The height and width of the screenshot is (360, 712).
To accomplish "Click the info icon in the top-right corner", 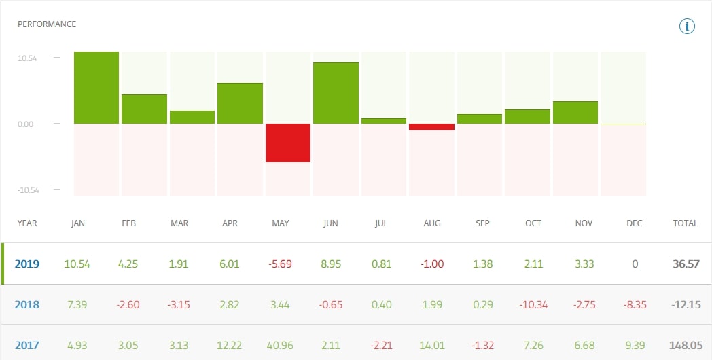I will [687, 26].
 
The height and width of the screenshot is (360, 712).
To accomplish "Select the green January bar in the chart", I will [96, 88].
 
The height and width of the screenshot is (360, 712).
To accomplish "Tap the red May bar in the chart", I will [288, 143].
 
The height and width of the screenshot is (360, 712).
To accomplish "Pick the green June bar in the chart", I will [336, 93].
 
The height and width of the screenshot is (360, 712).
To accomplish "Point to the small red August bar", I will [431, 127].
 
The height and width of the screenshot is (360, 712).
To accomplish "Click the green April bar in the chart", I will [240, 103].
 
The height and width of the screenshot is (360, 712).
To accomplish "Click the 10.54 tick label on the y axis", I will [27, 58].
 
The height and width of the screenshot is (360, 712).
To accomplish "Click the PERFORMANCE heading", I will [47, 24].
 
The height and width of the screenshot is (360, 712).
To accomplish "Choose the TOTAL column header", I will [685, 223].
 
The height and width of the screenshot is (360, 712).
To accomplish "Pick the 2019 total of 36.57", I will [685, 264].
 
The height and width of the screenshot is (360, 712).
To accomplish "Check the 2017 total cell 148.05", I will [684, 345].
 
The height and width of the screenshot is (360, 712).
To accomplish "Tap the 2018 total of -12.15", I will [684, 304].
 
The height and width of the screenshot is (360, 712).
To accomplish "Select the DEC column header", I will [635, 223].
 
